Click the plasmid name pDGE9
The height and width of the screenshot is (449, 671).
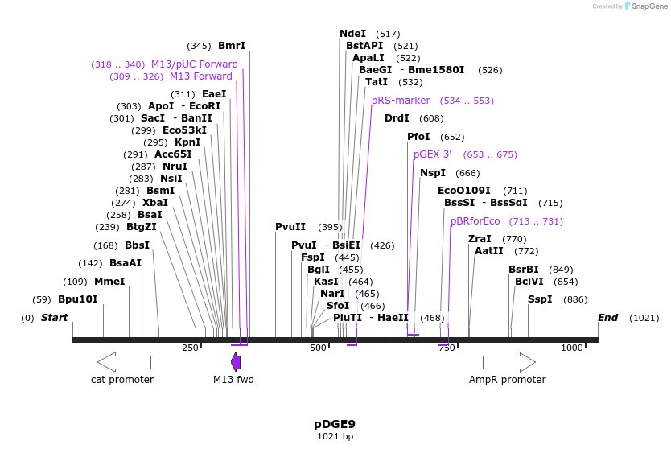(335, 423)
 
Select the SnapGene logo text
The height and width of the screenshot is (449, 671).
(649, 6)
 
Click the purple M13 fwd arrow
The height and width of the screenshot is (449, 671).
(235, 361)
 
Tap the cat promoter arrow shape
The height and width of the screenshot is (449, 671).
(118, 361)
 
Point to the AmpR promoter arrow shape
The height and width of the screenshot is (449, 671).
(508, 361)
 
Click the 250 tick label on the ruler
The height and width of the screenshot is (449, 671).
(190, 348)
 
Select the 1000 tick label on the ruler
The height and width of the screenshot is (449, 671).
(572, 348)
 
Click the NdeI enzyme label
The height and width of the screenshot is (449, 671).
(352, 34)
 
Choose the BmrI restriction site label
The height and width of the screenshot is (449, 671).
(232, 46)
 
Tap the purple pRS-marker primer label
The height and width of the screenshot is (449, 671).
(401, 101)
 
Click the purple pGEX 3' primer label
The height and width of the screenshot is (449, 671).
(432, 154)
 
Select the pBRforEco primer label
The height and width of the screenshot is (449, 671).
(475, 221)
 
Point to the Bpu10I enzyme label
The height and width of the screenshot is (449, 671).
(77, 299)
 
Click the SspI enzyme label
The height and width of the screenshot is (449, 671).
(540, 299)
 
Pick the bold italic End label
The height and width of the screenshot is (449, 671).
(607, 318)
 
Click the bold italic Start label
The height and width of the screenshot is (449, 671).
(54, 318)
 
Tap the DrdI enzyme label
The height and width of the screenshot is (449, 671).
(397, 118)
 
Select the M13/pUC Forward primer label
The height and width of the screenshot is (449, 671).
(195, 64)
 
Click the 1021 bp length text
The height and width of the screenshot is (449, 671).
(335, 436)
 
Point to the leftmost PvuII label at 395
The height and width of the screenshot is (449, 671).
(290, 227)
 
